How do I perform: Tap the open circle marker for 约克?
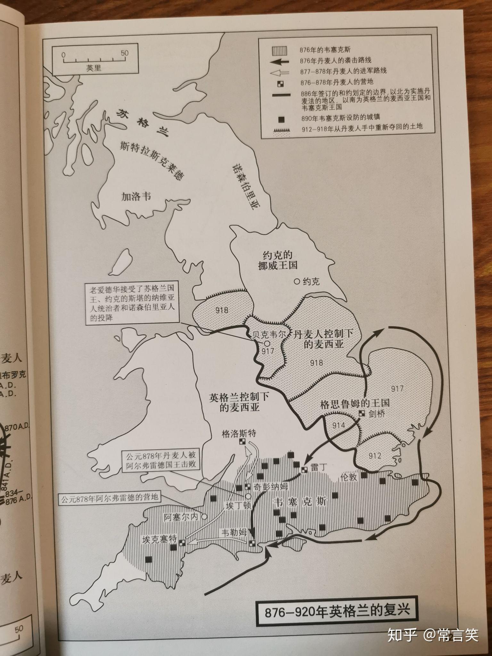click(297, 282)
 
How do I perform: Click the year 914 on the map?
click(339, 425)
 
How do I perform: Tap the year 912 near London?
click(375, 455)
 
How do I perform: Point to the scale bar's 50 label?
click(125, 53)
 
